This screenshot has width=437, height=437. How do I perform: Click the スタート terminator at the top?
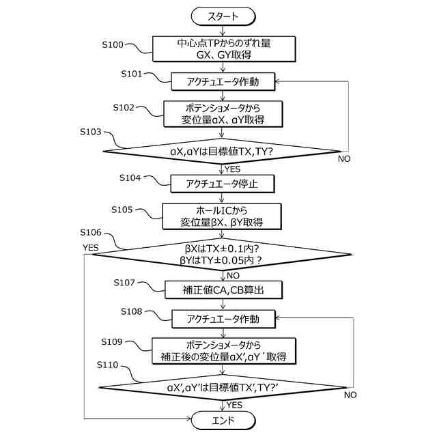pos(223,14)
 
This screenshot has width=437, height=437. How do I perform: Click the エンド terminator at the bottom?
pos(223,419)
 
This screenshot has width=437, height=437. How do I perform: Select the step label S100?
pos(112,45)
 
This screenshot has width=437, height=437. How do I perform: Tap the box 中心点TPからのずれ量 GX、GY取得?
pos(223,48)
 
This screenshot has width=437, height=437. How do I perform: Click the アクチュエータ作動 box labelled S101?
pos(223,82)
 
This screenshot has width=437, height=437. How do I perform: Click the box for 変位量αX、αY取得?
pos(223,114)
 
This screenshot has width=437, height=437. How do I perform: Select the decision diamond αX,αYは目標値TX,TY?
pos(223,150)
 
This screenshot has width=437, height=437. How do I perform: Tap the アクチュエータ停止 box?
pos(223,183)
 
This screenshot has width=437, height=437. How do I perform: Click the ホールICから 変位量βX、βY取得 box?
pos(223,216)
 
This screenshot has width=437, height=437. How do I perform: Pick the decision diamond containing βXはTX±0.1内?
pos(223,255)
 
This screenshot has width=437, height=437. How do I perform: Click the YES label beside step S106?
pos(91,246)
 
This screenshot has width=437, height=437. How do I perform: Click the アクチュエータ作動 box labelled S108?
pos(223,319)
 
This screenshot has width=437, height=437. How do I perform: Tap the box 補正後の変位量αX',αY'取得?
pos(223,350)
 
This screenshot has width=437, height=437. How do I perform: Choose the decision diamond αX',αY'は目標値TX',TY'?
pos(223,387)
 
